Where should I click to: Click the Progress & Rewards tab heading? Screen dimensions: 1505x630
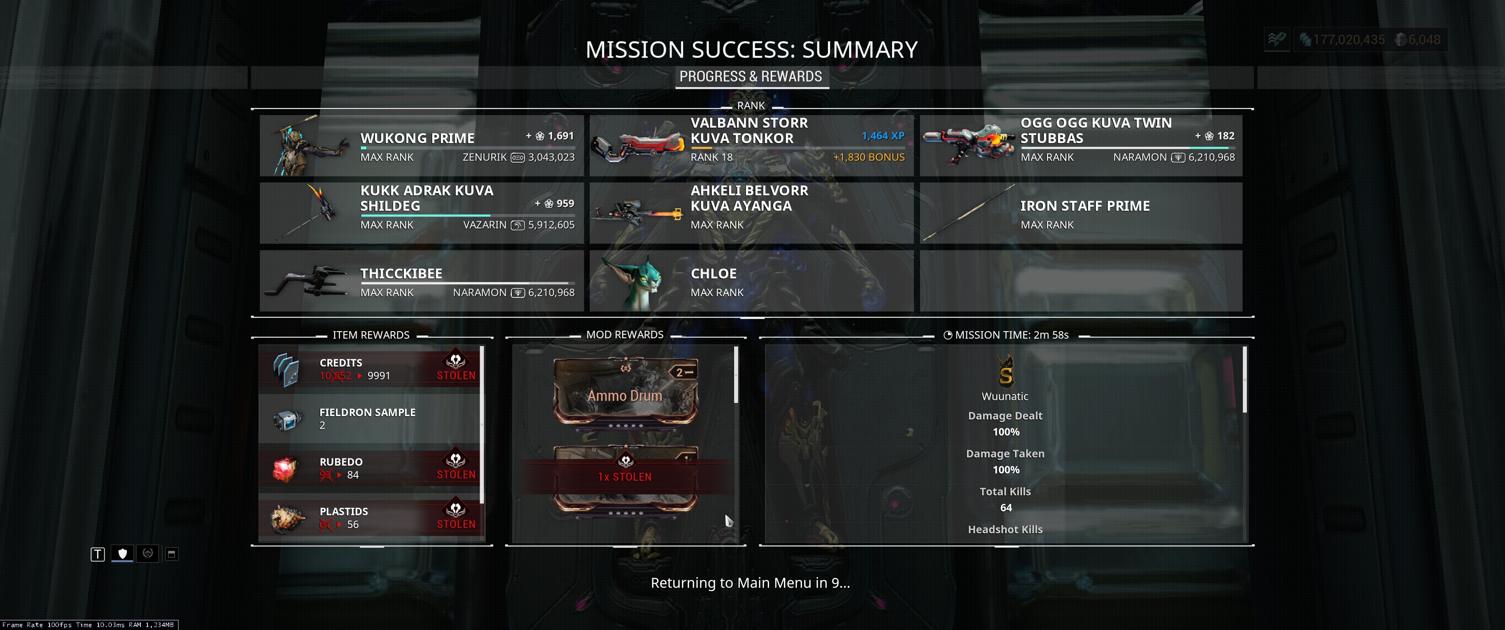pos(751,77)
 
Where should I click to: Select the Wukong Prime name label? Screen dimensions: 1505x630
pos(417,139)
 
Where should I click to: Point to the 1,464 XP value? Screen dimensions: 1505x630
pos(883,136)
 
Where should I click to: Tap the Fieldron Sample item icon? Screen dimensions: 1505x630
pos(287,420)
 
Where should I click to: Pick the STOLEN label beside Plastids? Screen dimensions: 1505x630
pos(456,524)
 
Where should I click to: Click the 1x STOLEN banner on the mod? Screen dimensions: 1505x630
pos(625,477)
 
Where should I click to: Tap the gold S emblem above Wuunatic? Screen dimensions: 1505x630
pos(1005,371)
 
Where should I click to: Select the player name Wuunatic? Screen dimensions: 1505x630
pos(1005,396)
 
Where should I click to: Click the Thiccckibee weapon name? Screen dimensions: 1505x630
pos(401,273)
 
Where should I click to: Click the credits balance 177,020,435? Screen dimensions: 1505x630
pos(1348,40)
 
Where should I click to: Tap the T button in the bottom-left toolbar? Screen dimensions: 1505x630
pos(98,554)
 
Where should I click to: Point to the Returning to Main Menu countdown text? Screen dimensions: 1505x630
pos(750,583)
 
